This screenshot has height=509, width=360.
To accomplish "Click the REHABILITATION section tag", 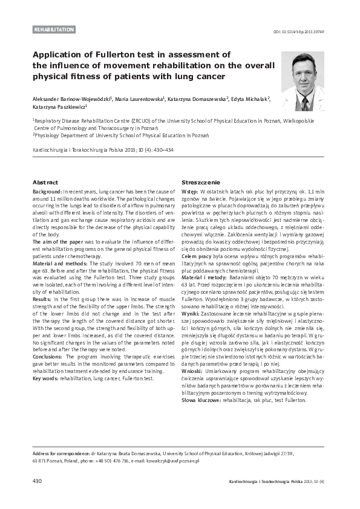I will [54, 29].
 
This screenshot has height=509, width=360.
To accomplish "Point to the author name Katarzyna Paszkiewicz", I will [55, 108].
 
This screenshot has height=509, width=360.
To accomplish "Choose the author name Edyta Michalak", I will [249, 99].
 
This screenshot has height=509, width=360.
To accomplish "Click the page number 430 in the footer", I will [37, 481].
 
